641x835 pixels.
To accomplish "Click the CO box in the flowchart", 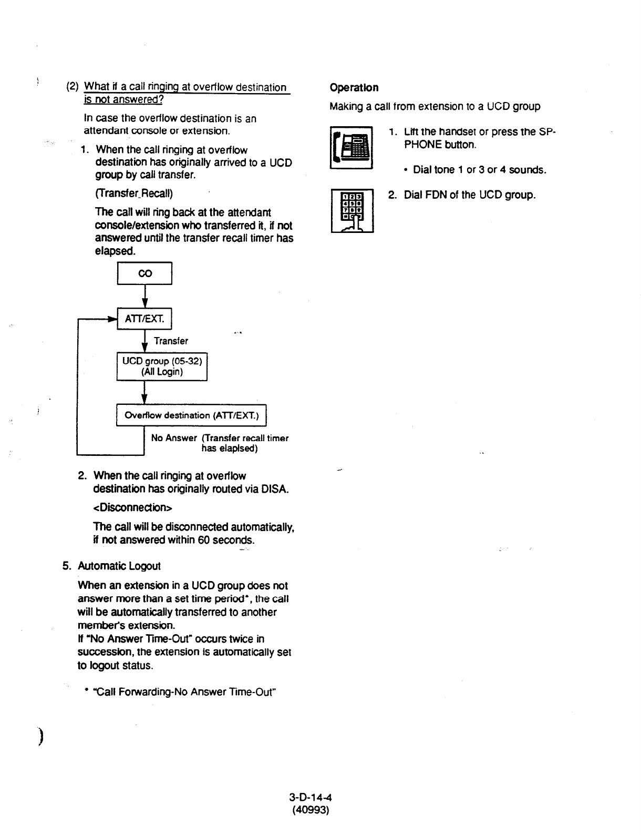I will [144, 273].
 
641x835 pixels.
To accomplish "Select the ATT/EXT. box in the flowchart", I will [144, 319].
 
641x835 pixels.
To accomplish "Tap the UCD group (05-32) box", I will [162, 366].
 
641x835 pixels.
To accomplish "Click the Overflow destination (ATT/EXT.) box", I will [191, 415].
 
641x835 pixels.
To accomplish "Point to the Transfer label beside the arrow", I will [171, 341].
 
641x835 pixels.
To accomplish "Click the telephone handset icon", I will [351, 148].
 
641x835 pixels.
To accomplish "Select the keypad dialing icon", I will [352, 210].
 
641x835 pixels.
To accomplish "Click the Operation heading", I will [354, 87].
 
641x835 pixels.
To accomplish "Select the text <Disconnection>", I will [132, 507].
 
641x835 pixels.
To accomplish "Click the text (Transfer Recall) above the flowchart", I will [134, 193].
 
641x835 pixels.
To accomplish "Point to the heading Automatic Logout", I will [119, 566].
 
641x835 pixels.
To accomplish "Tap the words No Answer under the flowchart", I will [173, 438].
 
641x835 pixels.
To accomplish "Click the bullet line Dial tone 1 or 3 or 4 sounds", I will [479, 170].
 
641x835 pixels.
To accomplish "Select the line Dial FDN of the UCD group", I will [469, 195].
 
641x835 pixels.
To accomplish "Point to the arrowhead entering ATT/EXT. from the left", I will [112, 319].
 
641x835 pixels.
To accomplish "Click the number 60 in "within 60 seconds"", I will [204, 539].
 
